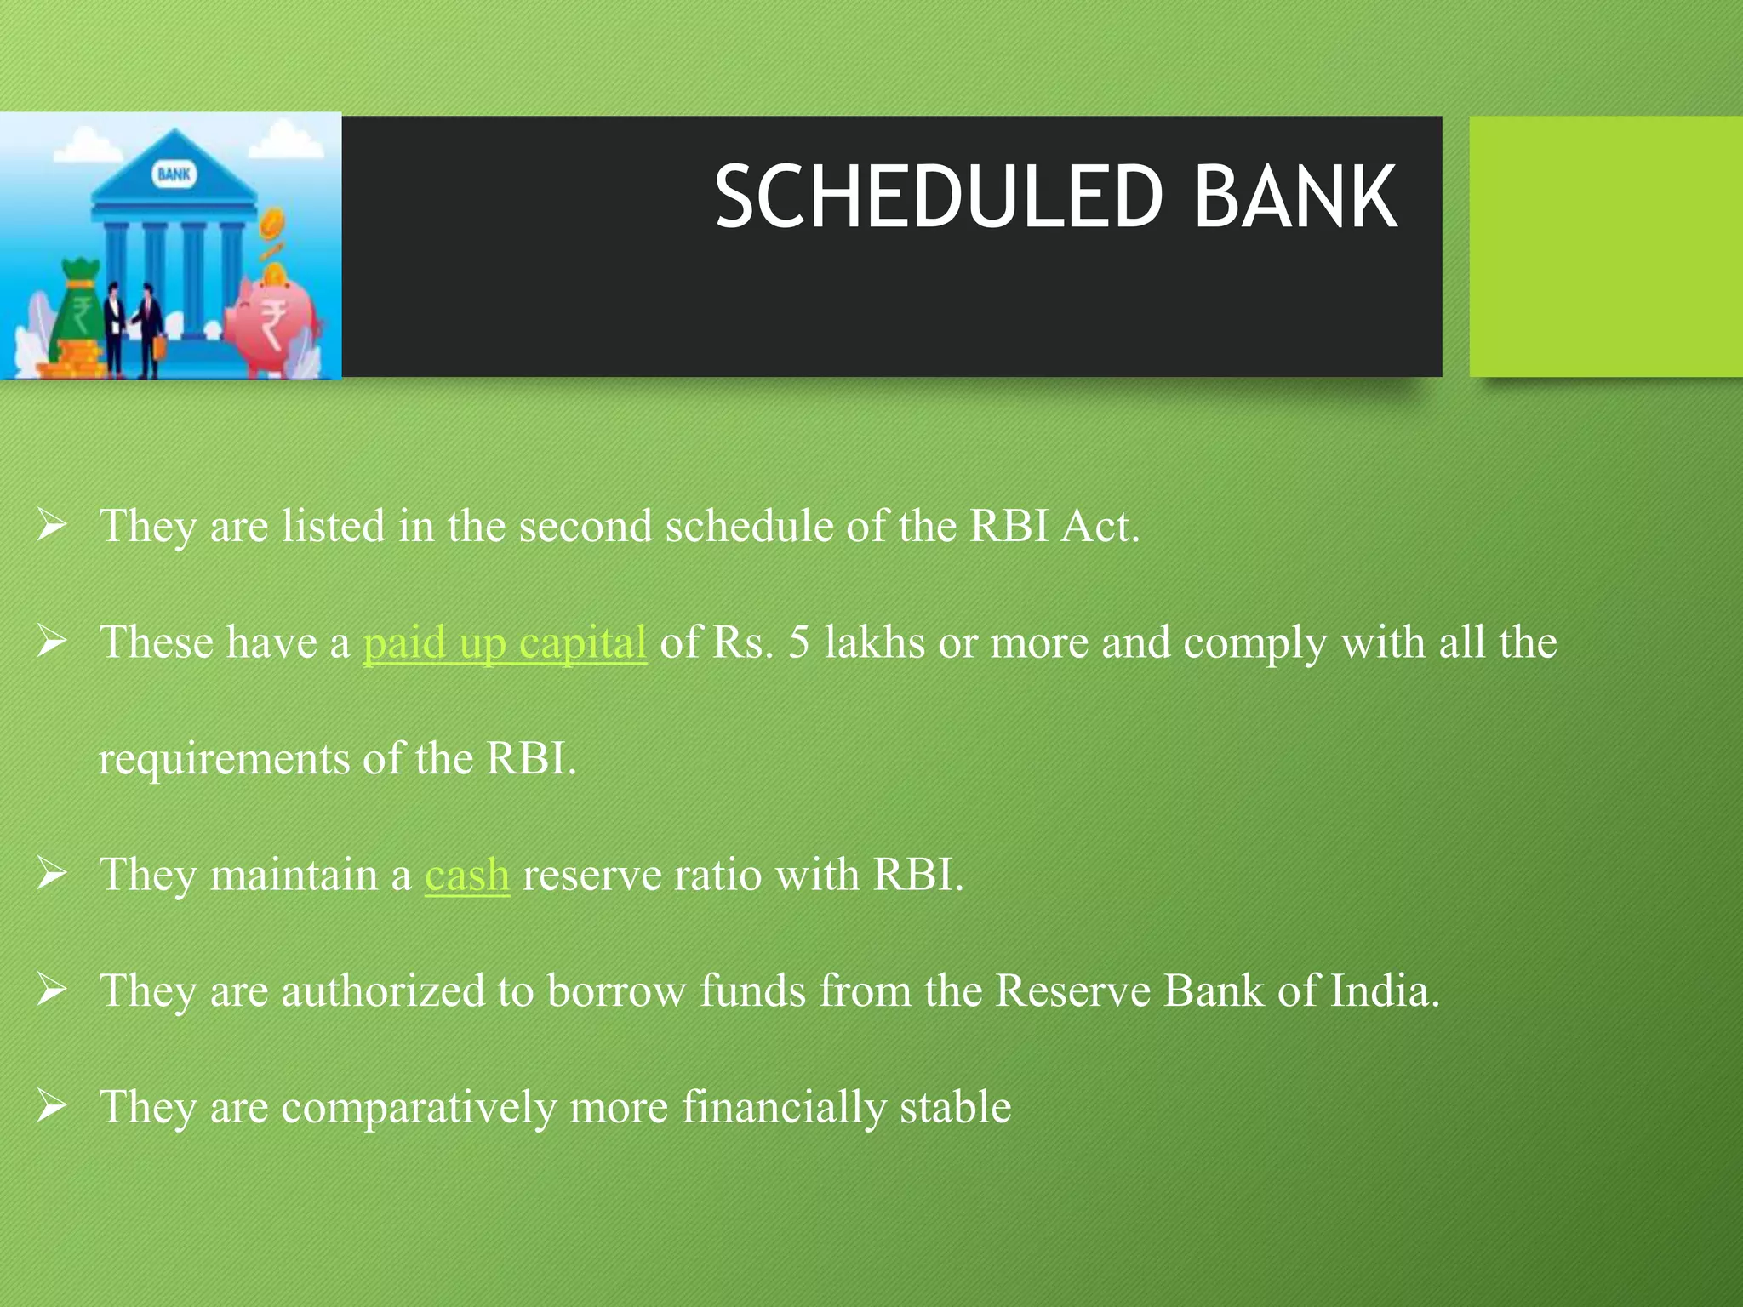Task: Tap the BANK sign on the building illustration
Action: [174, 174]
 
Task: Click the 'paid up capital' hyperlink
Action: [505, 642]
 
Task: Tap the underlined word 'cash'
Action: [467, 876]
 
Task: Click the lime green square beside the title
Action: [1605, 247]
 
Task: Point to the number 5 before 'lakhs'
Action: [798, 642]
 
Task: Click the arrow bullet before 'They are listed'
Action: [51, 525]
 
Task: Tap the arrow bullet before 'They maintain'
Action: [51, 874]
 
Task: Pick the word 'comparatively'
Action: [418, 1109]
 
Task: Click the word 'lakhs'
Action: [874, 642]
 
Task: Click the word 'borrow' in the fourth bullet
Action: [616, 991]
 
